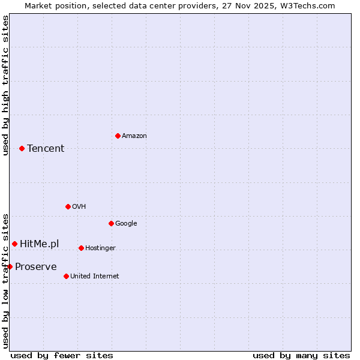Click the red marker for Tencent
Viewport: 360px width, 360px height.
[x=22, y=148]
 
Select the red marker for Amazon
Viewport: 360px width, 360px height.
[x=118, y=136]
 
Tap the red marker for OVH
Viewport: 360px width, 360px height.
[x=68, y=206]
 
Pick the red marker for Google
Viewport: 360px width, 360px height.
[x=111, y=223]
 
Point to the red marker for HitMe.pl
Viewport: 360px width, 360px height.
[x=14, y=244]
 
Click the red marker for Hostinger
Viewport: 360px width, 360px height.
[x=81, y=248]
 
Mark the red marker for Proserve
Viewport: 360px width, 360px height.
[x=10, y=266]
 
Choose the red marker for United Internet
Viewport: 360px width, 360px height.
[x=66, y=276]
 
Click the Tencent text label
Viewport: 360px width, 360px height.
[x=46, y=148]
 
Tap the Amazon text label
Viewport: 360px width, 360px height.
[x=134, y=136]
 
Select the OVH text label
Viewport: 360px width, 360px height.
[x=79, y=206]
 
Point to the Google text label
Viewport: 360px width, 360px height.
[x=126, y=223]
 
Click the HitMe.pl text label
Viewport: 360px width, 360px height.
[x=40, y=244]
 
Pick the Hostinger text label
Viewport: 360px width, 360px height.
[x=100, y=248]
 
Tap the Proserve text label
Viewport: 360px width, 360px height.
[x=36, y=266]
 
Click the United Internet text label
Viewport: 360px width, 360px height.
[x=95, y=276]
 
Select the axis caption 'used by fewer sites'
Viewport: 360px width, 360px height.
[x=62, y=355]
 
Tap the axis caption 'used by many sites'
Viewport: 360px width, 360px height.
[x=301, y=355]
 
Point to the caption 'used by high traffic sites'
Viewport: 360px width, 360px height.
[x=6, y=85]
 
